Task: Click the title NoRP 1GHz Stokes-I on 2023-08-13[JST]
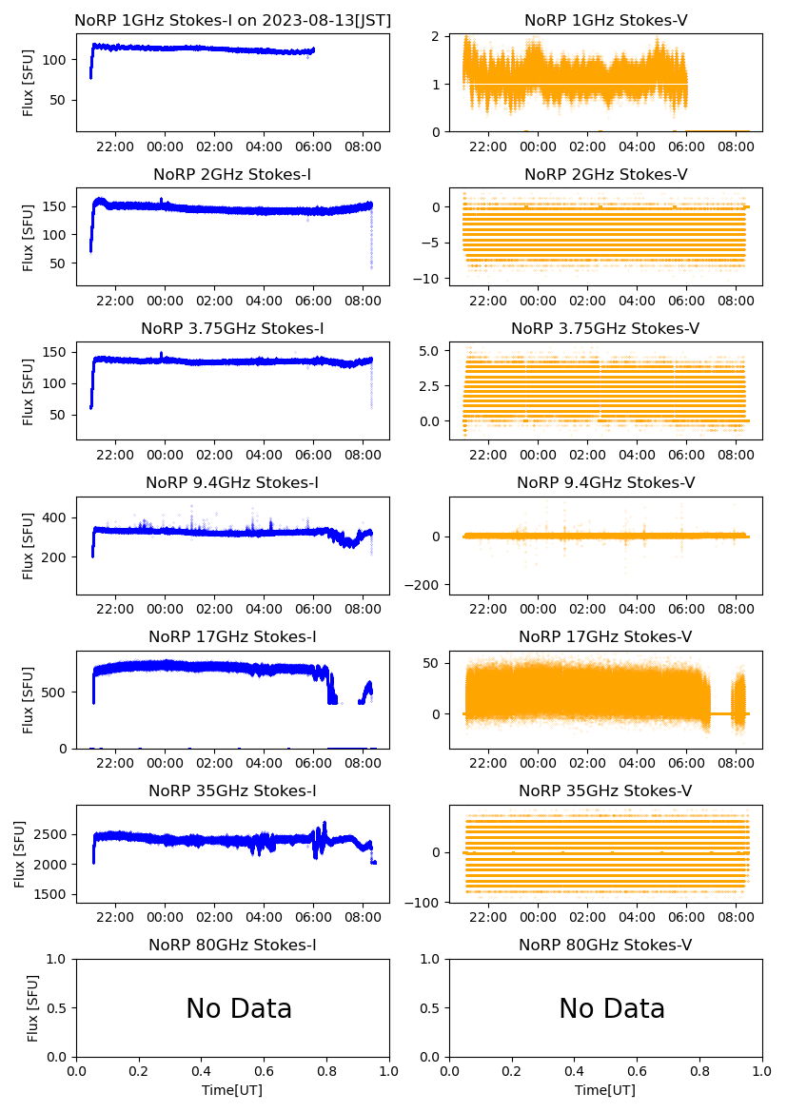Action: (x=232, y=20)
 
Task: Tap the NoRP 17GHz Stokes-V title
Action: (x=605, y=636)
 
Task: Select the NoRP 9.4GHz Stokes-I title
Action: (x=232, y=482)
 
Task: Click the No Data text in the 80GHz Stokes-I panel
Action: (x=239, y=1008)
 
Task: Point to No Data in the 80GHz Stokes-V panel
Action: (x=612, y=1008)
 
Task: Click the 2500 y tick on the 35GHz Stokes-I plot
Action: (x=55, y=834)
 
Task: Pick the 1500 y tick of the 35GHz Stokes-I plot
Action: (x=55, y=895)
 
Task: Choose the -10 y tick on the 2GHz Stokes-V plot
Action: (x=429, y=279)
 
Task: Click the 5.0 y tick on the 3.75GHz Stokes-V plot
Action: (x=431, y=351)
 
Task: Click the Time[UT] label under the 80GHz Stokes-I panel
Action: (x=232, y=1090)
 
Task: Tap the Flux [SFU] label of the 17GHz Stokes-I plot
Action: (x=28, y=699)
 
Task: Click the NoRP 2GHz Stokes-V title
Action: (x=605, y=174)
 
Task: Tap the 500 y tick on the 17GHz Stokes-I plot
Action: (x=59, y=692)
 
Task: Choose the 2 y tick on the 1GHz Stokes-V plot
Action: (x=437, y=36)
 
